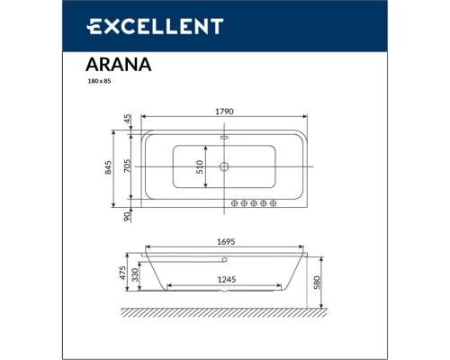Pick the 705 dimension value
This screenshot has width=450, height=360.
[x=129, y=168]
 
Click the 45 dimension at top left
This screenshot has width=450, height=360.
[x=129, y=119]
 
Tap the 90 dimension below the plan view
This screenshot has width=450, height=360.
[x=129, y=216]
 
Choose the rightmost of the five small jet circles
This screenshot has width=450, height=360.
[x=277, y=203]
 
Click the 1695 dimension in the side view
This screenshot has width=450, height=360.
[x=225, y=241]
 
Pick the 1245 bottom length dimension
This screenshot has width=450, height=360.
[x=225, y=279]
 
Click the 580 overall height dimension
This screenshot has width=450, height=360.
[x=328, y=281]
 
